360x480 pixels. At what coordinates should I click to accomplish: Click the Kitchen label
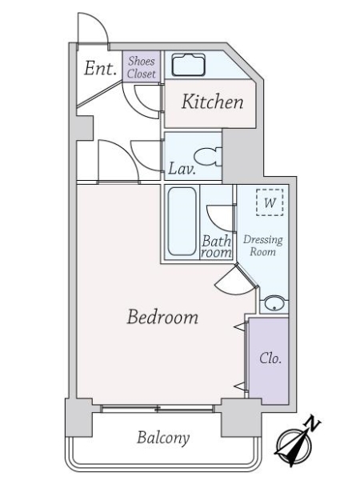tap(213, 102)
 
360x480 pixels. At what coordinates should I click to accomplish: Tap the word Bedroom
tap(162, 317)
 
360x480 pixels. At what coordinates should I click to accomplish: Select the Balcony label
tap(163, 438)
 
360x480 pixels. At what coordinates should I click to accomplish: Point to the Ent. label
tap(101, 68)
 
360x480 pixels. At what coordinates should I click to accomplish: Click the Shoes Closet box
tap(142, 66)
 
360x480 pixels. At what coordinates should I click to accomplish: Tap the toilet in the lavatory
tap(208, 157)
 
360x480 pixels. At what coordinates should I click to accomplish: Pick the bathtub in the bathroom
tap(182, 222)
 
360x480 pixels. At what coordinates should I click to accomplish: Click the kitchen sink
tap(188, 65)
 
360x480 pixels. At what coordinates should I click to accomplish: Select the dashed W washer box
tap(270, 202)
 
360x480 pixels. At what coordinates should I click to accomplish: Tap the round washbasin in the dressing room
tap(274, 303)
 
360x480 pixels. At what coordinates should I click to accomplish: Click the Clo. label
tap(270, 358)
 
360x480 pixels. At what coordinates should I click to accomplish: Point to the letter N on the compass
tap(313, 423)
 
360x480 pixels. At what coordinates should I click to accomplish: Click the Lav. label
tap(182, 169)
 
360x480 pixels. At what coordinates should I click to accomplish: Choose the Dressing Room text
tap(263, 246)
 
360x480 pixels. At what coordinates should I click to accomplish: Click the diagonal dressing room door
tap(247, 275)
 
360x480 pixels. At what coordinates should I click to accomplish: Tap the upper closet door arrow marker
tap(240, 327)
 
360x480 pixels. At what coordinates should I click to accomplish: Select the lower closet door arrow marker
tap(240, 386)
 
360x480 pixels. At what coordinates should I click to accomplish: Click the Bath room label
tap(217, 246)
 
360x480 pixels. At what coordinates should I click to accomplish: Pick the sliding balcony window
tap(158, 408)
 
